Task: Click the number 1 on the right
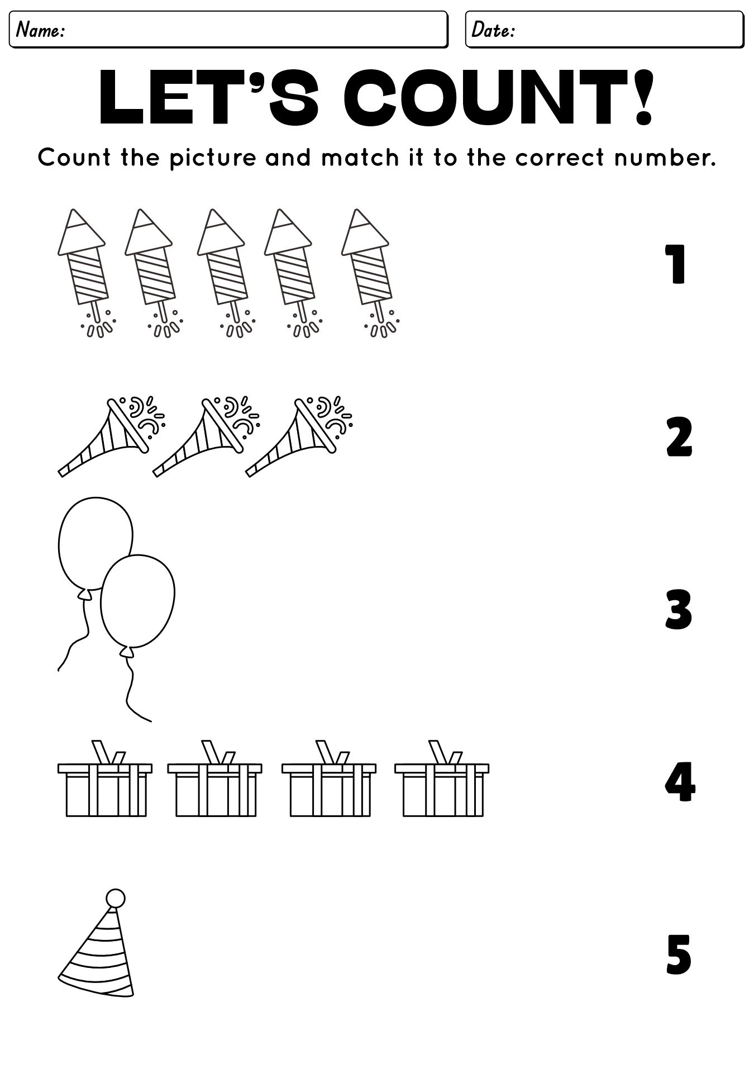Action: coord(677,264)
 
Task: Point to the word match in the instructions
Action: coord(360,158)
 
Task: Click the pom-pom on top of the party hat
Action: coord(116,899)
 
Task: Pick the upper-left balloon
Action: coord(95,542)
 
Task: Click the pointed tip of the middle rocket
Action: coord(213,212)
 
